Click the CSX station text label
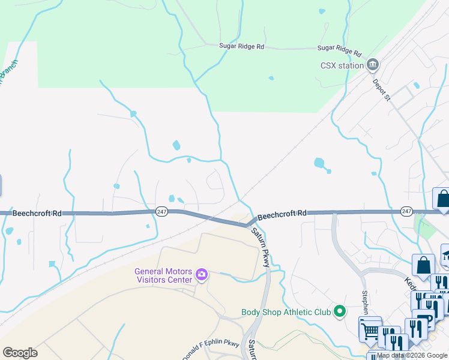click(x=342, y=65)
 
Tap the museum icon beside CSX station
click(x=373, y=64)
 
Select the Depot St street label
click(x=380, y=89)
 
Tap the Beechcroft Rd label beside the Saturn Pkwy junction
click(x=282, y=213)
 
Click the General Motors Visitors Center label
click(x=164, y=274)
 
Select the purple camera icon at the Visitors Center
click(x=202, y=275)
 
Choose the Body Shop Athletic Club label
click(x=286, y=312)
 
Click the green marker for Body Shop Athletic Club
click(x=340, y=311)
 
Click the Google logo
click(x=20, y=353)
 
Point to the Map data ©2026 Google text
click(x=412, y=355)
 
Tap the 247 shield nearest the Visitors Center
click(x=161, y=212)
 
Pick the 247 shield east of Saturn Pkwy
click(x=406, y=211)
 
